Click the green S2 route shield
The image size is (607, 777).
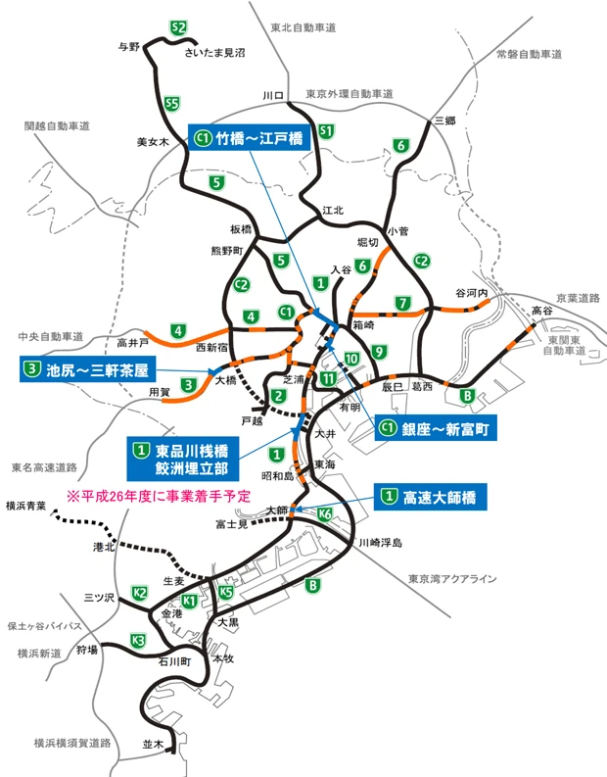point(178,27)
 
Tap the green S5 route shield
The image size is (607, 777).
point(172,103)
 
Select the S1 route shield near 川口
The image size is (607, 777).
point(327,130)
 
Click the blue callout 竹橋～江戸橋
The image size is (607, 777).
point(250,138)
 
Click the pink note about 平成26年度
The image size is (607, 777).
point(159,497)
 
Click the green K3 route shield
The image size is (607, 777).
point(138,641)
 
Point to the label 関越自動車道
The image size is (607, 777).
point(57,126)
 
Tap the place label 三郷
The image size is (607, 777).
point(445,120)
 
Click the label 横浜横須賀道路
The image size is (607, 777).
point(73,716)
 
